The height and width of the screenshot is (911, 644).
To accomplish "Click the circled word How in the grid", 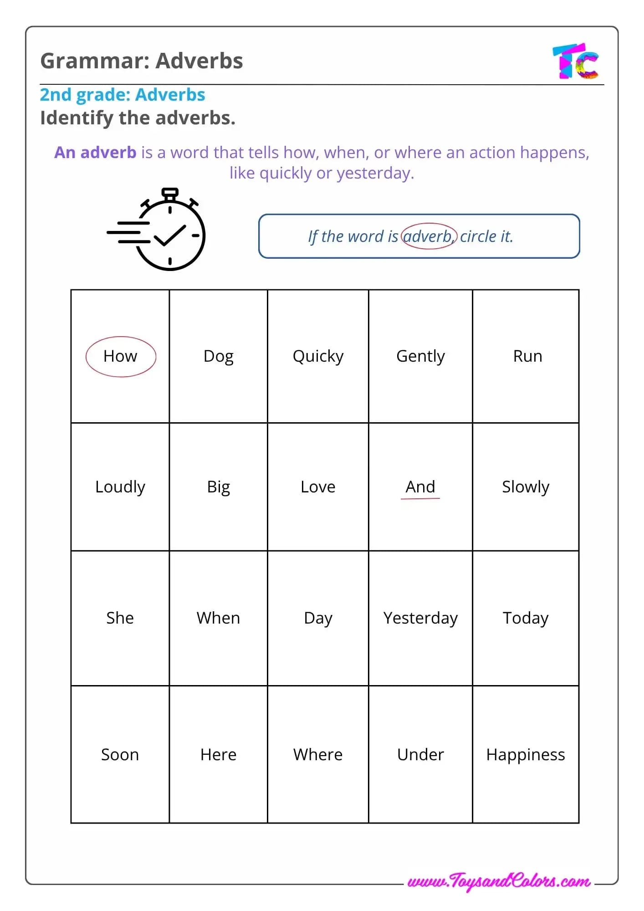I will coord(120,356).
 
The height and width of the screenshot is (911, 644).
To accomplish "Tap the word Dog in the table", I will coord(218,356).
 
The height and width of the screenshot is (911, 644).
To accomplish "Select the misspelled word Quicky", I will coord(318,356).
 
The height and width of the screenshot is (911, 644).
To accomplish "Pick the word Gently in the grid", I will coord(420,356).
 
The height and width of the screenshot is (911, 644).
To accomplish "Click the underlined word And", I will coord(420,487).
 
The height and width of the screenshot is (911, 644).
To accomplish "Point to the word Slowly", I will coord(525,487).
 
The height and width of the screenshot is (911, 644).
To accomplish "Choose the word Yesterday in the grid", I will coord(420,618).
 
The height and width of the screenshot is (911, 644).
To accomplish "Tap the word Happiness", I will coord(525,755).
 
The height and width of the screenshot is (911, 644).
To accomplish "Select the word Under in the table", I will coord(420,755).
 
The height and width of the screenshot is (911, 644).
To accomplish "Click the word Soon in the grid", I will coord(120,755).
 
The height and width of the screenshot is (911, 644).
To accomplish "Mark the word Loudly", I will coord(120,487).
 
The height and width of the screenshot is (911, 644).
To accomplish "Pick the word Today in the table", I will coord(525,618).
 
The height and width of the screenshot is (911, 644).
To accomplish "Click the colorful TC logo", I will coord(576,61).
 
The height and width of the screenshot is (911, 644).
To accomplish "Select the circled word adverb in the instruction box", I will coord(428,236).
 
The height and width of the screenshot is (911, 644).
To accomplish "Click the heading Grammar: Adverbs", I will coord(141,61).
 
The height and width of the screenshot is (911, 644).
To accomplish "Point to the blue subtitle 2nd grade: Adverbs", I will coord(123,95).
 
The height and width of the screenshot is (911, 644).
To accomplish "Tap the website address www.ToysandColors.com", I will coord(499,881).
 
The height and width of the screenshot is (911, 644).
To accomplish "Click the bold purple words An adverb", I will coord(95,153).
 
